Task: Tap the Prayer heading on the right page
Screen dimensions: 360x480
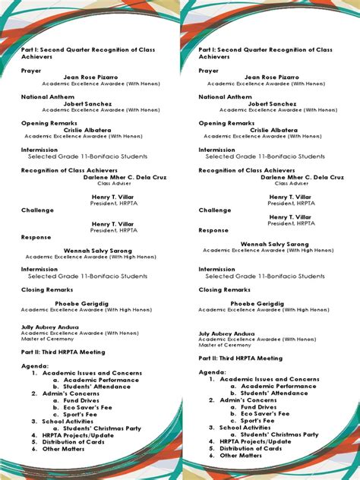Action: [209, 71]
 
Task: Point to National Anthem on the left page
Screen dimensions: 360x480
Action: [48, 96]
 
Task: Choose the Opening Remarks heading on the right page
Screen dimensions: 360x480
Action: [226, 123]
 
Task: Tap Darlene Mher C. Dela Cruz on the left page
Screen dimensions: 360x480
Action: [115, 177]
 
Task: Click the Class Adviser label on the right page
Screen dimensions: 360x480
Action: [292, 183]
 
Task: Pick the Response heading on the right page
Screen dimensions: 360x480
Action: [213, 229]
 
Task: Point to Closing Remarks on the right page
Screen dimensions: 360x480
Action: [225, 289]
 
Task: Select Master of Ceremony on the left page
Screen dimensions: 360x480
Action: [47, 339]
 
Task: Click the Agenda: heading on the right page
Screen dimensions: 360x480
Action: [213, 372]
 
